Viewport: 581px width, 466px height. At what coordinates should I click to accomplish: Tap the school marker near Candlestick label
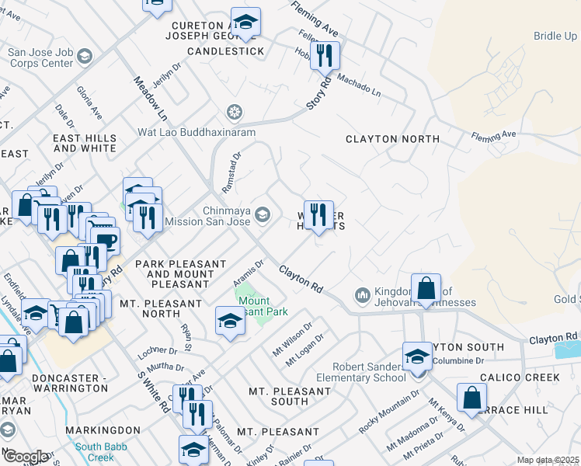[x=245, y=23]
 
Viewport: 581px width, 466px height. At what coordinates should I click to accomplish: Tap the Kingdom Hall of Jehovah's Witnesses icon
[x=361, y=295]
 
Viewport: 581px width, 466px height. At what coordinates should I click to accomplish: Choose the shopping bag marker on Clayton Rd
[x=426, y=288]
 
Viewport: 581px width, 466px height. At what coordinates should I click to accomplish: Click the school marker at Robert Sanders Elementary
[x=417, y=356]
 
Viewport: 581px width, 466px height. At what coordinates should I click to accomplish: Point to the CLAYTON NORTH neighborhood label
[x=392, y=139]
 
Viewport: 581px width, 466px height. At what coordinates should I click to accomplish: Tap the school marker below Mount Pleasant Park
[x=230, y=322]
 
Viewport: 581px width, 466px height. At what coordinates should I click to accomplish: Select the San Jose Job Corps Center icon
[x=84, y=57]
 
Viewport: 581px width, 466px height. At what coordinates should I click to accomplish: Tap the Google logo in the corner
[x=25, y=457]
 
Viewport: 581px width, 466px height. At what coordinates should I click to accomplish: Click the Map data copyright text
[x=548, y=460]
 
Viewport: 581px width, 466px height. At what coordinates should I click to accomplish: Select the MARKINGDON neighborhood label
[x=103, y=429]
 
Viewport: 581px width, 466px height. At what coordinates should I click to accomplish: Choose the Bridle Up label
[x=555, y=37]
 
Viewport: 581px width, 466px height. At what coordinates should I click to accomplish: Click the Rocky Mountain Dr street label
[x=388, y=412]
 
